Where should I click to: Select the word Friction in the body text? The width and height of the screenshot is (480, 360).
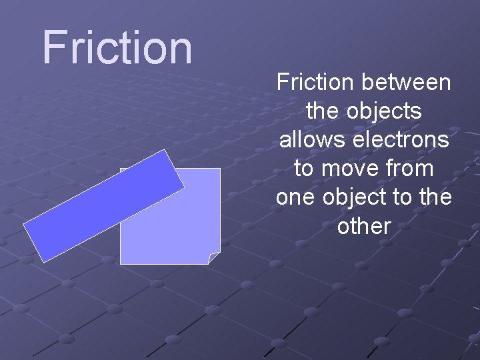click(317, 83)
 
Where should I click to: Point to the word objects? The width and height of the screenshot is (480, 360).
click(383, 112)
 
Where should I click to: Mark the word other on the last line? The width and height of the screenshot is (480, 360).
click(363, 227)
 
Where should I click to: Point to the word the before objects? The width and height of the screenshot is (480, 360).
click(322, 112)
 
